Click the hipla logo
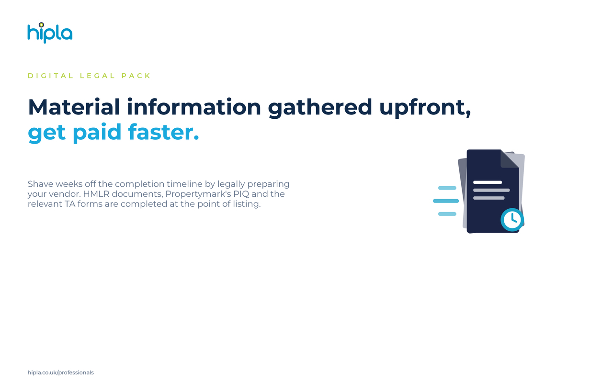50,33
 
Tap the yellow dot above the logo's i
41,25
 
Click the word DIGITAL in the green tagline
51,76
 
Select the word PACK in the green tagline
136,76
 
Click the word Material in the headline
74,107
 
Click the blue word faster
163,132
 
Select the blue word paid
97,133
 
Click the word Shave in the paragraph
41,184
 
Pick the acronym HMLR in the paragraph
96,194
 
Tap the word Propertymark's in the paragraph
198,194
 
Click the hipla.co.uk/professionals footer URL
60,372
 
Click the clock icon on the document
512,219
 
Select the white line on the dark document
488,182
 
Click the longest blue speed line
446,201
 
